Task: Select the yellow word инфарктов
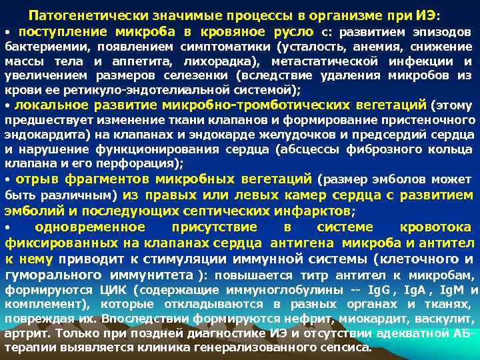(315, 211)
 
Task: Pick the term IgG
(378, 290)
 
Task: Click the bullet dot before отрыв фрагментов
(7, 180)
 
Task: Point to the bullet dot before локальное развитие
(7, 106)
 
